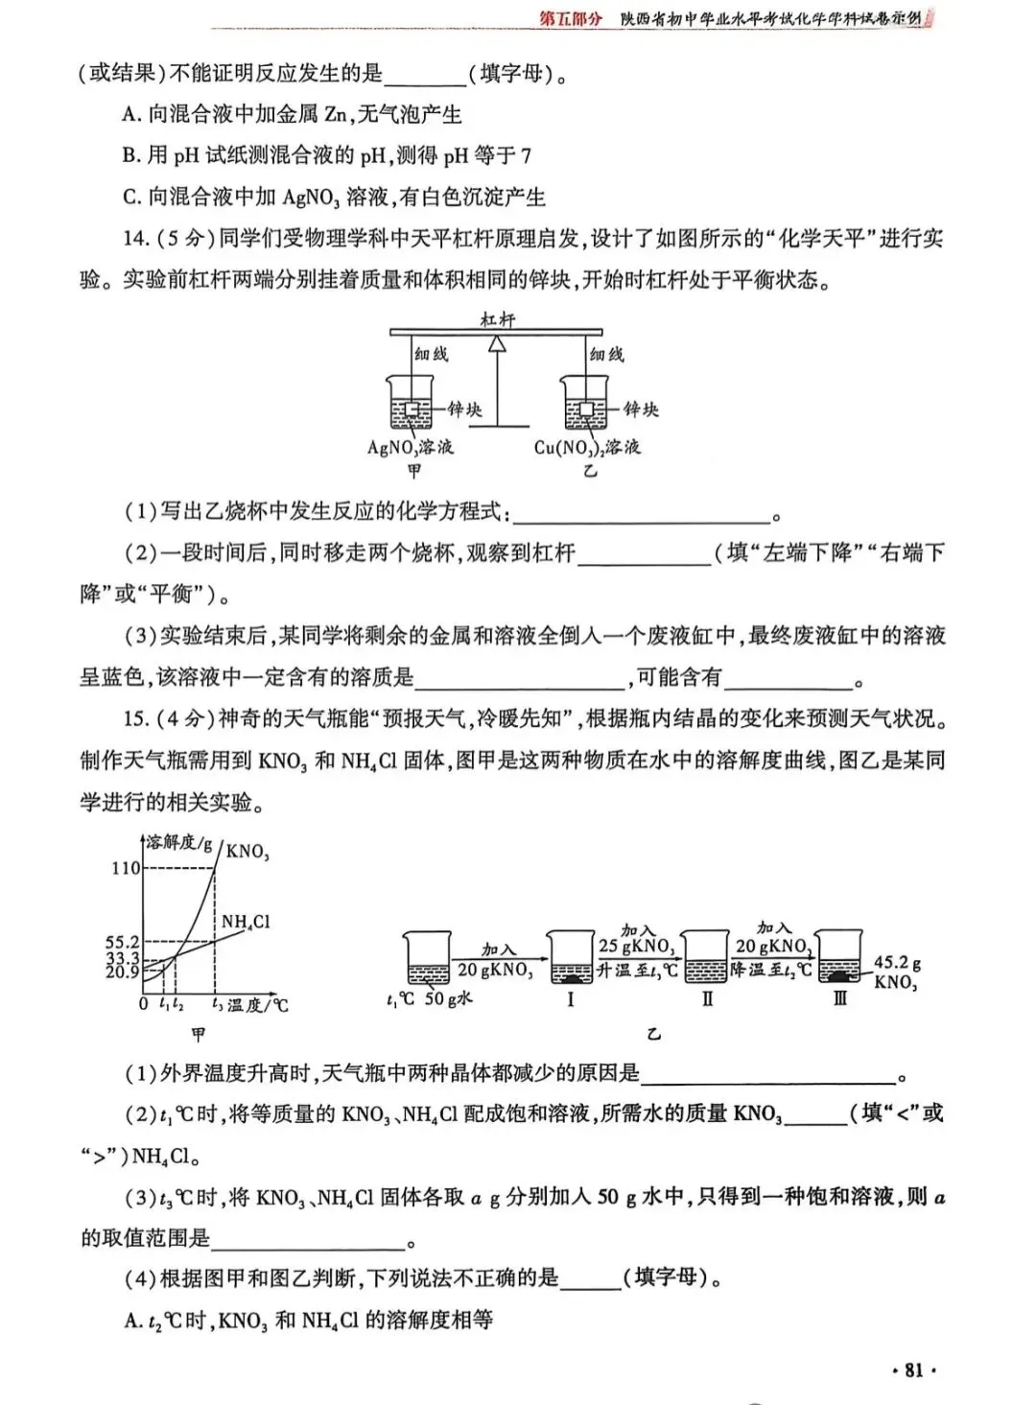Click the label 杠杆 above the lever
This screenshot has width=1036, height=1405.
(498, 320)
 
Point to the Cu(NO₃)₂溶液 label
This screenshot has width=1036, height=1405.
(588, 447)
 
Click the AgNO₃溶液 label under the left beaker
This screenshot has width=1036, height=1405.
(411, 447)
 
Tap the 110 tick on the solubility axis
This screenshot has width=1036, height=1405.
(126, 868)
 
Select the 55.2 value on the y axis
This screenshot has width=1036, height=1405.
(122, 943)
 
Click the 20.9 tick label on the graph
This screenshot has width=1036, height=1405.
(122, 972)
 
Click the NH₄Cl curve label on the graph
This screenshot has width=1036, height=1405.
(246, 922)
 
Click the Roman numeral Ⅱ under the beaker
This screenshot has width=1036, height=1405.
(707, 999)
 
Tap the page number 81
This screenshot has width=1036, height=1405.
(913, 1370)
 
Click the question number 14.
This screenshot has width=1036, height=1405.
(135, 239)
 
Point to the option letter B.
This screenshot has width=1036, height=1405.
(131, 155)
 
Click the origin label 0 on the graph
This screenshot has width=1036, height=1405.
(144, 1004)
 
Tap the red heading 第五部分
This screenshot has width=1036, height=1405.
(572, 18)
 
